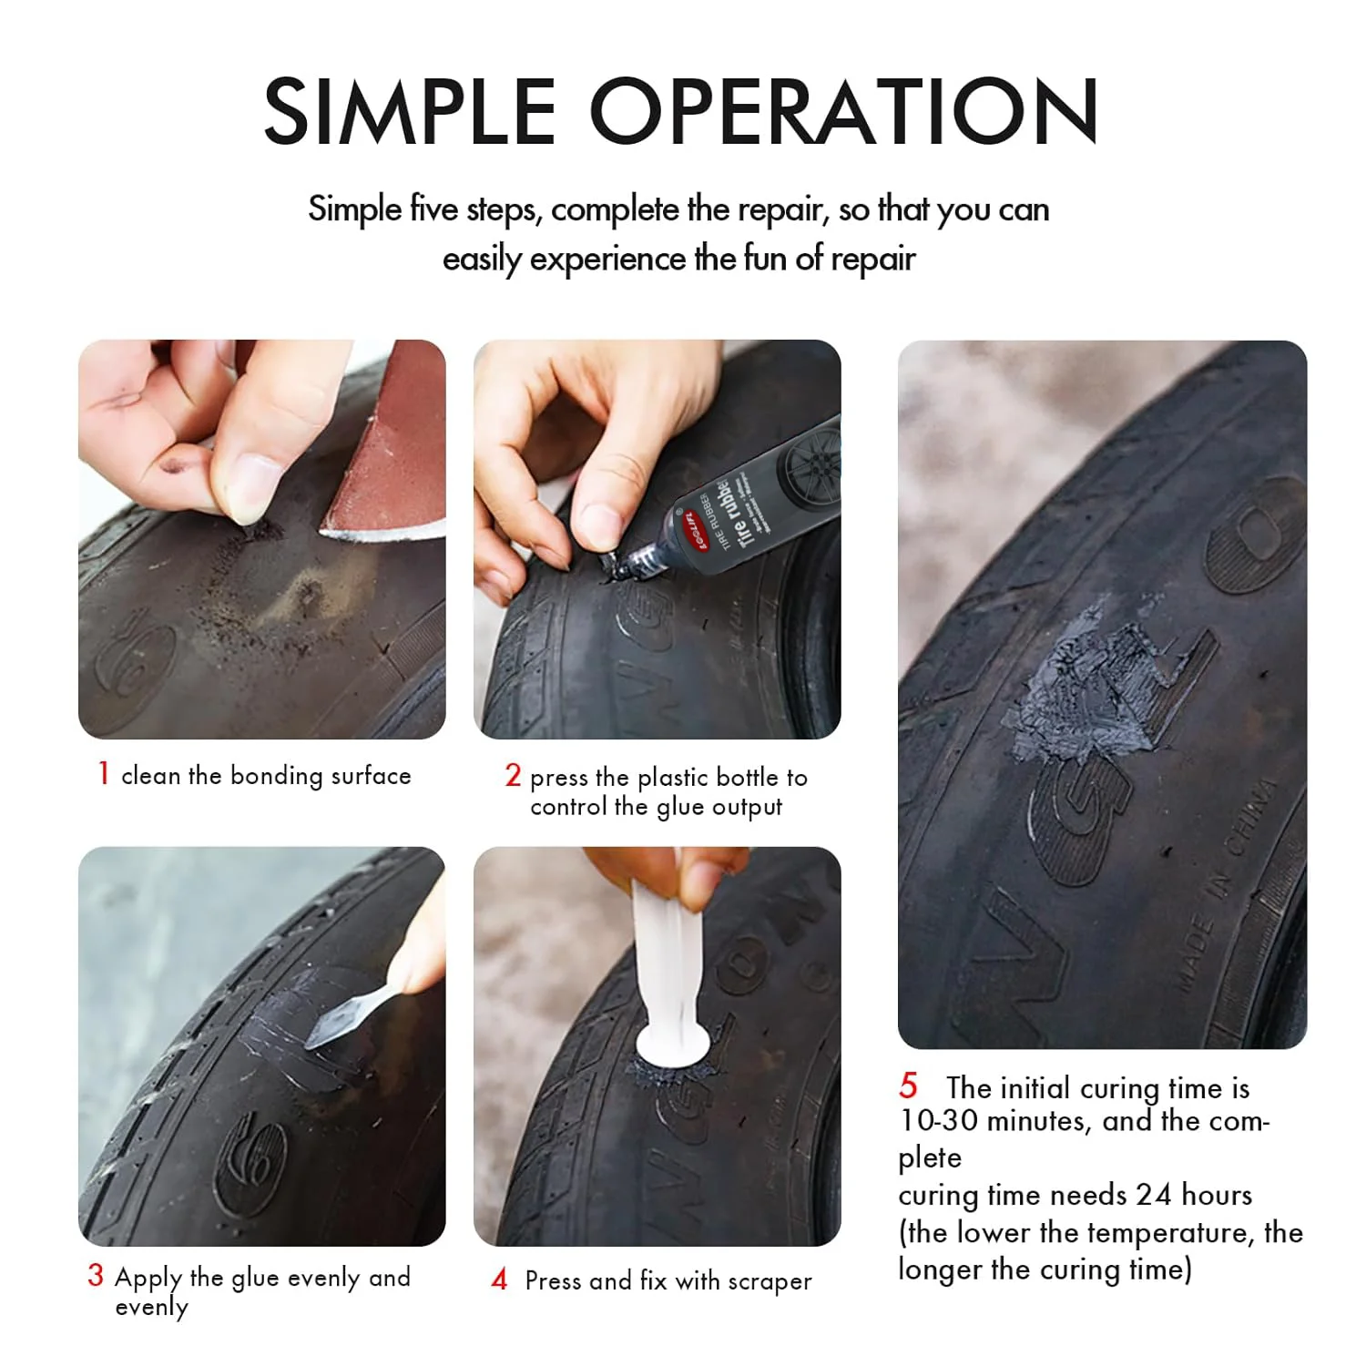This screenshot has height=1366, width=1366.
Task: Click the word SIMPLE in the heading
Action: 410,111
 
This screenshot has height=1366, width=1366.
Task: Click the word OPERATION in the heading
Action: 844,111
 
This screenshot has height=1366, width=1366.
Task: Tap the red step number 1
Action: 104,773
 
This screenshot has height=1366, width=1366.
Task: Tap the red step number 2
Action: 513,775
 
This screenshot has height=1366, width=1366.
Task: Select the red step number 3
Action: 96,1275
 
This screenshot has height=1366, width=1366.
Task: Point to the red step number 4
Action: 499,1279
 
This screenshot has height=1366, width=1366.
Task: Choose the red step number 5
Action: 908,1086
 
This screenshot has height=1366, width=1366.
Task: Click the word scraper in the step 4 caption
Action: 770,1281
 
